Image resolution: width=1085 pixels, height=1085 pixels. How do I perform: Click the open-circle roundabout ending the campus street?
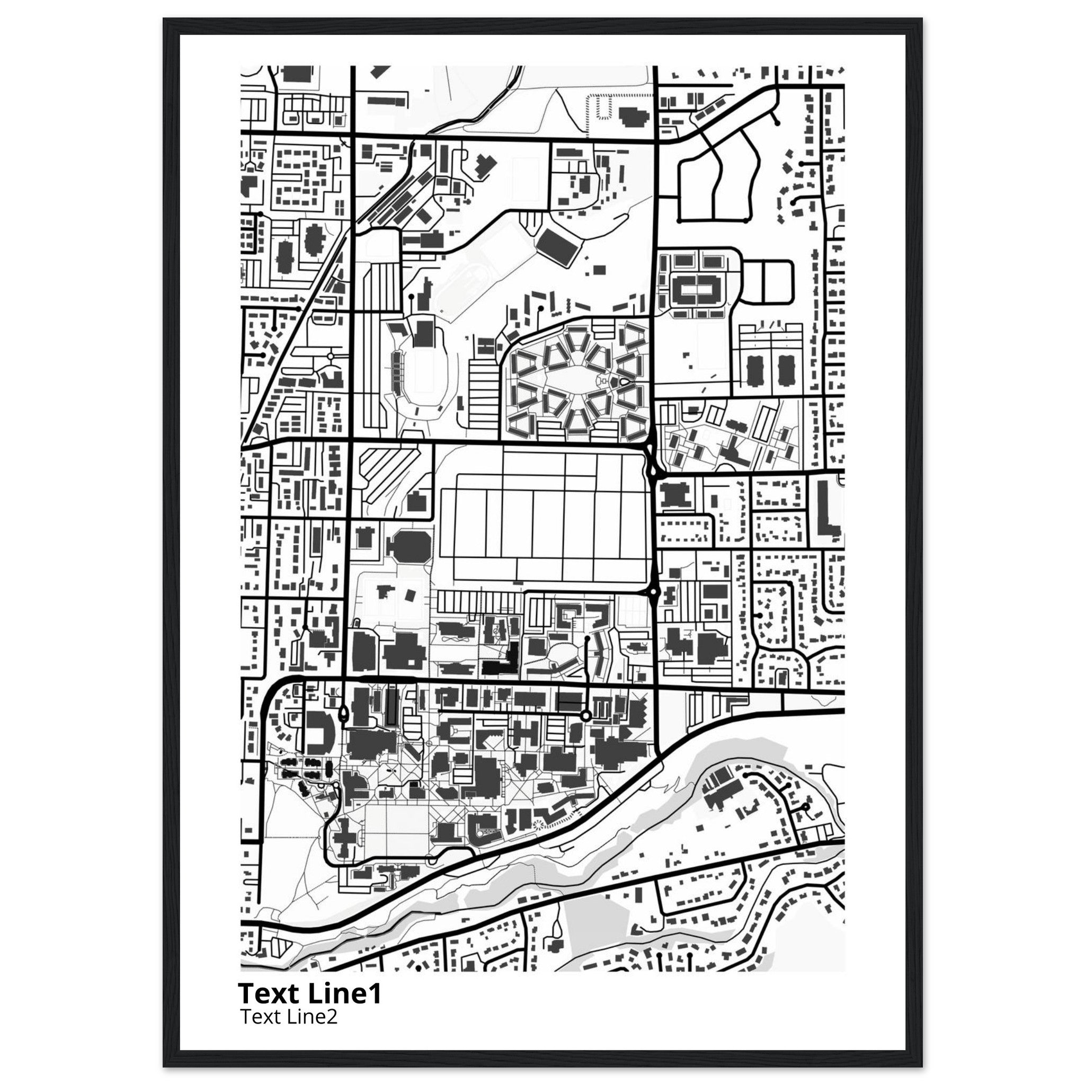pos(586,715)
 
